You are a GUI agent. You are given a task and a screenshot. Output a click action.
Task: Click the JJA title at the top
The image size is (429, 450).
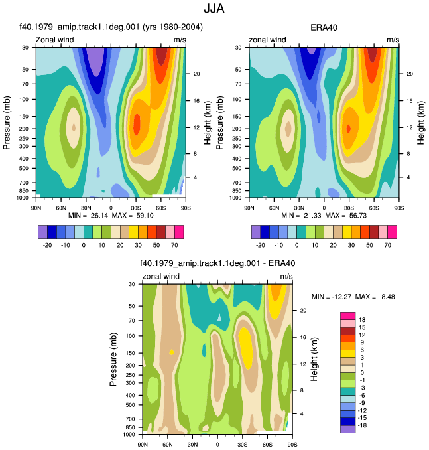[x=214, y=9]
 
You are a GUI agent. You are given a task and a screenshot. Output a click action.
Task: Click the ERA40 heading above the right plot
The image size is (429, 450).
[x=324, y=28]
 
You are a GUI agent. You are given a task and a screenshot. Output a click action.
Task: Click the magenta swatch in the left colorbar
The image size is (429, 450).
[x=179, y=232]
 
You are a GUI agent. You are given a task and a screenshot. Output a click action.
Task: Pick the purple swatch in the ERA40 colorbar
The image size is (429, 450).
[x=256, y=232]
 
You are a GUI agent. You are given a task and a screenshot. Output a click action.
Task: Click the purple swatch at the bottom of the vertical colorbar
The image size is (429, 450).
[x=347, y=429]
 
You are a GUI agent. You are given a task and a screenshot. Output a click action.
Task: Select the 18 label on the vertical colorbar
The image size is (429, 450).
[x=362, y=320]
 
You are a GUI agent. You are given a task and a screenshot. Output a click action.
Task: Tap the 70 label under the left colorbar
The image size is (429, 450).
[x=174, y=245]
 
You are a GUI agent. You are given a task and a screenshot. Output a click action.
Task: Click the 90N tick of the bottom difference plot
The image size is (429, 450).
[x=143, y=445]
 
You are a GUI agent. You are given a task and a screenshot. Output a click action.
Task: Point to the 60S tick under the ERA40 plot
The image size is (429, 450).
[x=374, y=208]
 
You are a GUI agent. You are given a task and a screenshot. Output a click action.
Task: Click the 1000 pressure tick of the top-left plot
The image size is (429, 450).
[x=23, y=198]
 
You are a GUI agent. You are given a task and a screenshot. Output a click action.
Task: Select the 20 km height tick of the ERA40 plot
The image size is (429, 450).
[x=410, y=74]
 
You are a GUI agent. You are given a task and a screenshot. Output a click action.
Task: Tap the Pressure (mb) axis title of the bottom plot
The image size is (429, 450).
[x=113, y=359]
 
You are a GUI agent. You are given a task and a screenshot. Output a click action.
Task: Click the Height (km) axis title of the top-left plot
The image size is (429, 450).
[x=208, y=123]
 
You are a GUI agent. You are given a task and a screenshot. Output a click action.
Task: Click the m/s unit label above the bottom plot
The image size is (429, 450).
[x=286, y=276]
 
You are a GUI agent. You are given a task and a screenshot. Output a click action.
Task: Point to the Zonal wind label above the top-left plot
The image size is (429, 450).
[x=54, y=40]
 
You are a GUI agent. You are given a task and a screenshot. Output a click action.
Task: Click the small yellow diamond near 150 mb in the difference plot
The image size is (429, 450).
[x=172, y=352]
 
